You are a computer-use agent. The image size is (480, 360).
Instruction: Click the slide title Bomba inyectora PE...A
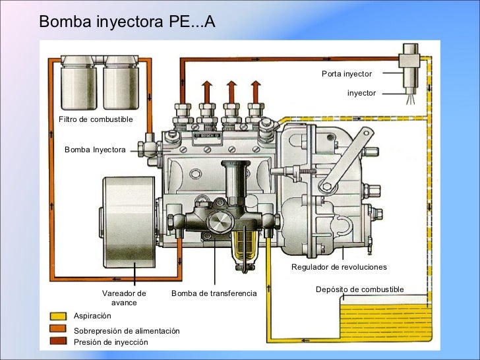click(127, 22)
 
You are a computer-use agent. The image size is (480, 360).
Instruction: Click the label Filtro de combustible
click(96, 119)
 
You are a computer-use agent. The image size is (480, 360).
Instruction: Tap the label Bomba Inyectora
click(95, 150)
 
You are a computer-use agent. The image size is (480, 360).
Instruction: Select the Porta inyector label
click(347, 74)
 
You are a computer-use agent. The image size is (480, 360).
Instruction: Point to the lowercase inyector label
click(361, 94)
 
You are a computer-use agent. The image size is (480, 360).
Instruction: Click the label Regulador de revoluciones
click(339, 267)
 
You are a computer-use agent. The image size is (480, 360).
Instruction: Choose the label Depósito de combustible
click(359, 289)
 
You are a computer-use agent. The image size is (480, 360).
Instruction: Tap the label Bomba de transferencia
click(214, 293)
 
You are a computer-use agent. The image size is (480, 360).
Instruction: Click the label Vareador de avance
click(124, 297)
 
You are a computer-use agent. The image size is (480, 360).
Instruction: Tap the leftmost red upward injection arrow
click(206, 89)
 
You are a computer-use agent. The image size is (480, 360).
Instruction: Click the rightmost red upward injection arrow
click(254, 89)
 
